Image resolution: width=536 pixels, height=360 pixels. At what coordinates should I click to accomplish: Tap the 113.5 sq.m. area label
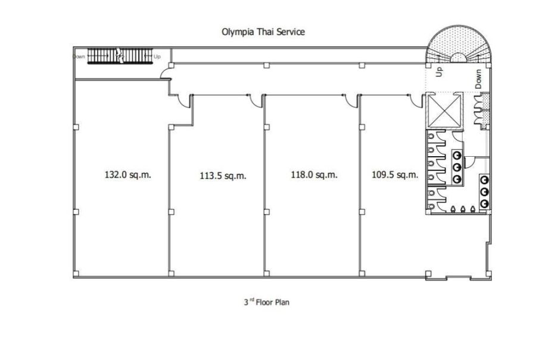point(223,176)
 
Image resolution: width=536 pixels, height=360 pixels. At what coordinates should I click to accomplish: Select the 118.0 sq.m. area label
point(314,175)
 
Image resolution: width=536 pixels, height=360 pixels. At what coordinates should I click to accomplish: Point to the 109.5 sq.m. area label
point(395,175)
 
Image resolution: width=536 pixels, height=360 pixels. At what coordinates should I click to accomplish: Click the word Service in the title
point(290,32)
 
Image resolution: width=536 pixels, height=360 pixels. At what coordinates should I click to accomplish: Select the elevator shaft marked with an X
point(444,111)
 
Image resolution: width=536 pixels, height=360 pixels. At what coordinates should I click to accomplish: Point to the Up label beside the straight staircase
point(157,57)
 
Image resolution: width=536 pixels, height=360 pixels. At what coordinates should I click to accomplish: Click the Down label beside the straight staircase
point(79,57)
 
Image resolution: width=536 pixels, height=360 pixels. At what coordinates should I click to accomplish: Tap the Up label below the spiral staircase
point(440,72)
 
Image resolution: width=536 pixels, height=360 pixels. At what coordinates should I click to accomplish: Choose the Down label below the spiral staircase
point(478,80)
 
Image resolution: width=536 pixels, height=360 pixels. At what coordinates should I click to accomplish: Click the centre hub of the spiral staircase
point(458,58)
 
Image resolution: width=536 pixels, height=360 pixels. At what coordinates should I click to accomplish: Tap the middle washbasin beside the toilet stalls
point(457,167)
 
